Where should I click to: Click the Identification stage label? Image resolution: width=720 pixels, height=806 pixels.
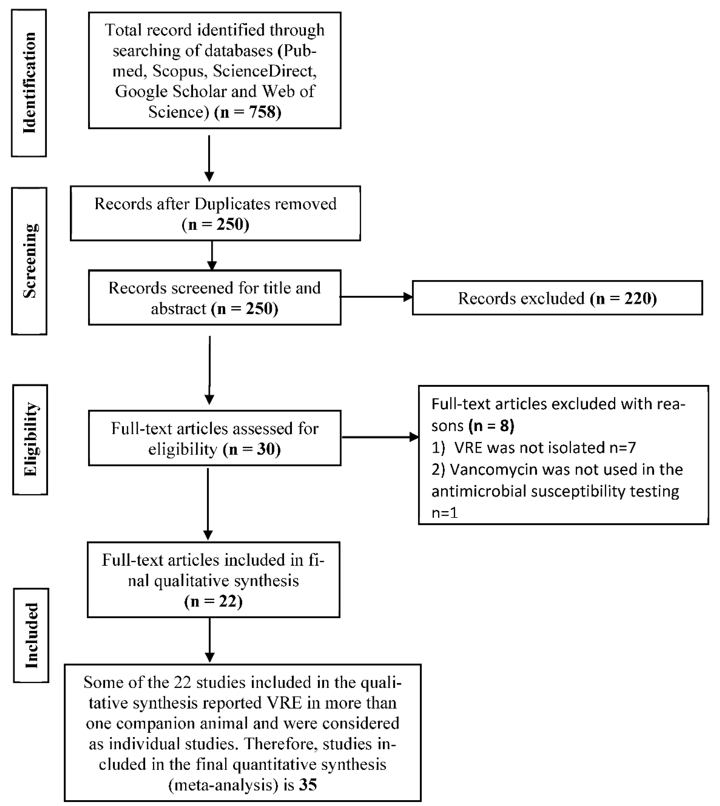[x=29, y=83]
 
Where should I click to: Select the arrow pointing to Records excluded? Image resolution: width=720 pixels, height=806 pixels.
[x=376, y=297]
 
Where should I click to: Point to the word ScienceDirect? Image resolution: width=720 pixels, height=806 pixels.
[x=264, y=71]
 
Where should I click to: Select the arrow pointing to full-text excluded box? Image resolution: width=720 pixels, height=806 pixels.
[x=380, y=437]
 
